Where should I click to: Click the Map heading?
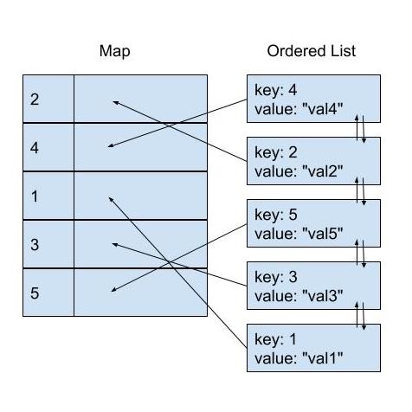tap(114, 51)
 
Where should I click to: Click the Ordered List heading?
tap(312, 51)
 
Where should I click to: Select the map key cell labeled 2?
tap(48, 99)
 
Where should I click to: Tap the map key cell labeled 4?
tap(48, 147)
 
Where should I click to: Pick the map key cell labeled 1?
tap(48, 196)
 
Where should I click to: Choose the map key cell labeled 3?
tap(48, 244)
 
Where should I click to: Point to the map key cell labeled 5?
tap(48, 293)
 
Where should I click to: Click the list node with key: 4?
tap(313, 99)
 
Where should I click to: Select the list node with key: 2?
tap(313, 161)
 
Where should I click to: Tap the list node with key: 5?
tap(313, 223)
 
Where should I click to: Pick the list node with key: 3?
tap(313, 286)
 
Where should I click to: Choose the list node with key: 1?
tap(313, 348)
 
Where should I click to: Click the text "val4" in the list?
tap(323, 109)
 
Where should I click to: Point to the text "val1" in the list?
tap(323, 358)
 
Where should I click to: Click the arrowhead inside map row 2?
tap(114, 102)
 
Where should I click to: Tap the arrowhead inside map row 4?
tap(110, 146)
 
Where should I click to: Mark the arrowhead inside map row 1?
tap(110, 198)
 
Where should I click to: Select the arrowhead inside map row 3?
tap(114, 244)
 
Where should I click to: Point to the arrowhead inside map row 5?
tap(113, 290)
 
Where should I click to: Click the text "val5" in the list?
tap(323, 234)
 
